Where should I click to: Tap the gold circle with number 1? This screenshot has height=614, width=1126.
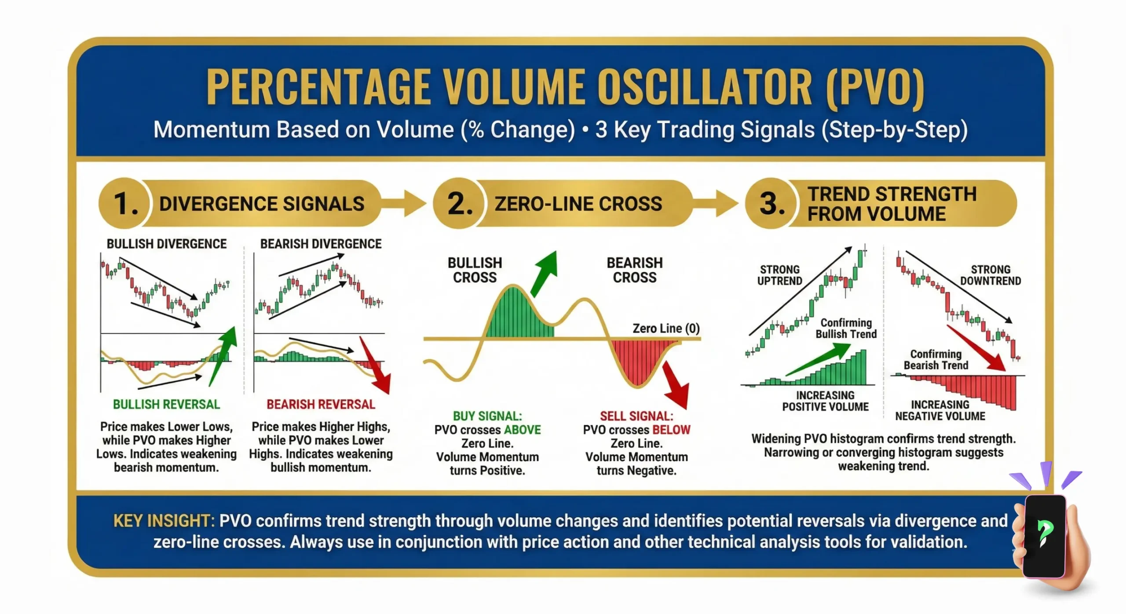[124, 204]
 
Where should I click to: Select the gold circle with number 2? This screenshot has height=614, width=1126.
[459, 204]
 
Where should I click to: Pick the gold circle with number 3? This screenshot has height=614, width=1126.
[771, 204]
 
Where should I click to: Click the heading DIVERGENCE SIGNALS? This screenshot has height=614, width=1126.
[262, 204]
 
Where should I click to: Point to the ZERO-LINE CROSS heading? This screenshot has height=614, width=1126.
[578, 204]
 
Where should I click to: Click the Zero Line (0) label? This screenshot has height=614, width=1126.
[665, 329]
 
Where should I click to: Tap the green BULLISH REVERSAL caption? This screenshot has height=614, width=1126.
[166, 405]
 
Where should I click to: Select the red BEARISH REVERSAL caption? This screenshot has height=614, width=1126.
[321, 405]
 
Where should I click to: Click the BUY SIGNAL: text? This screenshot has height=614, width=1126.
[487, 416]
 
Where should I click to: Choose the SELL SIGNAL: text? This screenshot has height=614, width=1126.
[636, 416]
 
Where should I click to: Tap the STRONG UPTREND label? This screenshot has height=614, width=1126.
[779, 275]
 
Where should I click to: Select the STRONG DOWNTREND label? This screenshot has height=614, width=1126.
[990, 275]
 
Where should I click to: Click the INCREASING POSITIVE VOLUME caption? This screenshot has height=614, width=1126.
[825, 401]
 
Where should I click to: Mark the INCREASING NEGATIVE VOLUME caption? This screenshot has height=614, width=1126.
[940, 410]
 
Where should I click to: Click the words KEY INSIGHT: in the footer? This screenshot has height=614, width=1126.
[164, 521]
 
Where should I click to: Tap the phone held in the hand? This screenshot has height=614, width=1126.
[1044, 536]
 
